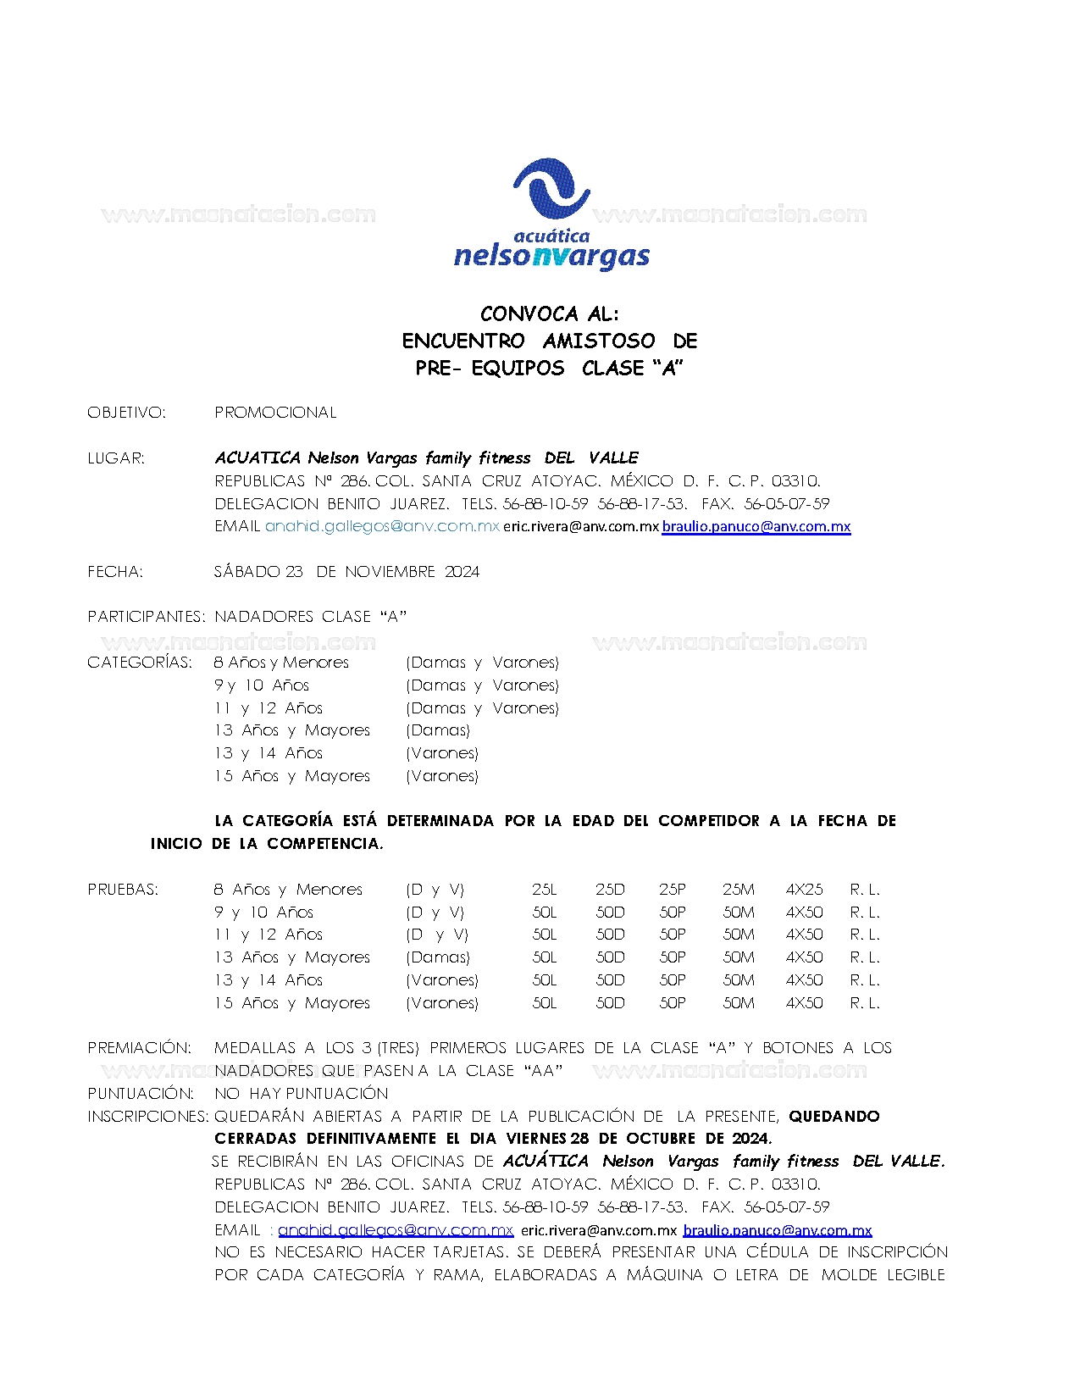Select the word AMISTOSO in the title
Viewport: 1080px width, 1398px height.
(x=599, y=341)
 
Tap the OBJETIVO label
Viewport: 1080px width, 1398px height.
(x=126, y=413)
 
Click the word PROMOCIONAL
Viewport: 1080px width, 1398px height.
(x=275, y=413)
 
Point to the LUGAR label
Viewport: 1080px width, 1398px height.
(x=116, y=458)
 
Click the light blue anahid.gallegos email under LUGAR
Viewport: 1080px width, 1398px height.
(x=382, y=526)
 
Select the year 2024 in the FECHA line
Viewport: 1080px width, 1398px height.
(x=462, y=572)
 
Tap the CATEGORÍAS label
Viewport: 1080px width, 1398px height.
(x=140, y=663)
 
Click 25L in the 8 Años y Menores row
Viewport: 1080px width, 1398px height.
(x=545, y=890)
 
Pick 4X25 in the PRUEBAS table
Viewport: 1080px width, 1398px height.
(x=804, y=890)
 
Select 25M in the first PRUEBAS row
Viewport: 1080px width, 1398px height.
(x=738, y=890)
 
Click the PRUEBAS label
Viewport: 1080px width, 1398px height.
(x=123, y=890)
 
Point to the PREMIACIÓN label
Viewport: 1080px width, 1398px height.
(x=139, y=1048)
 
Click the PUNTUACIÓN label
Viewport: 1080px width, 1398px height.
(x=141, y=1094)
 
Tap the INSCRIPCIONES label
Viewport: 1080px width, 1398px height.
(x=147, y=1117)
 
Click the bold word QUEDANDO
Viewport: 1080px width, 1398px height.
(x=834, y=1117)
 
